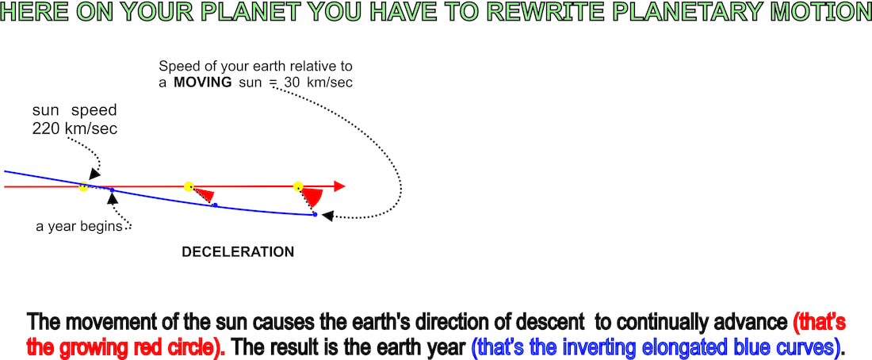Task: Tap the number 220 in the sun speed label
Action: (46, 129)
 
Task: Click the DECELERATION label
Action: (238, 252)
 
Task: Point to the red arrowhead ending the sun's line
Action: (339, 186)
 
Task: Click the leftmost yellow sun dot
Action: (83, 187)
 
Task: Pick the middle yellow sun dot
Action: (189, 186)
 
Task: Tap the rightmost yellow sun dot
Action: (298, 186)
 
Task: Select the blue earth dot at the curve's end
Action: (315, 214)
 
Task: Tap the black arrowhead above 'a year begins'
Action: (113, 198)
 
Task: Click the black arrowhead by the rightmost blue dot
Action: (328, 216)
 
